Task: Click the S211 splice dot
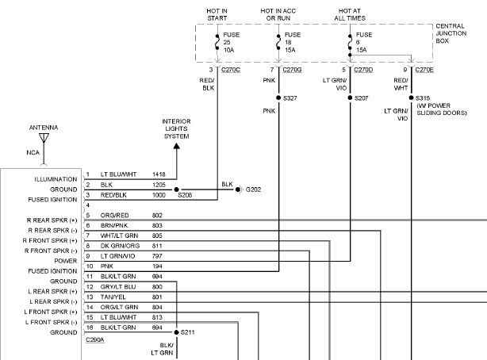pyautogui.click(x=176, y=331)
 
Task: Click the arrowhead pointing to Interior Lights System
pyautogui.click(x=176, y=144)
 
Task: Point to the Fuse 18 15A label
pyautogui.click(x=292, y=41)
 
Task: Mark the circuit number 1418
pyautogui.click(x=158, y=174)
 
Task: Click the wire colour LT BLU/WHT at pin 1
pyautogui.click(x=118, y=174)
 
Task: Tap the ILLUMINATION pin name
pyautogui.click(x=55, y=179)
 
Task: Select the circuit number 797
pyautogui.click(x=156, y=257)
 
